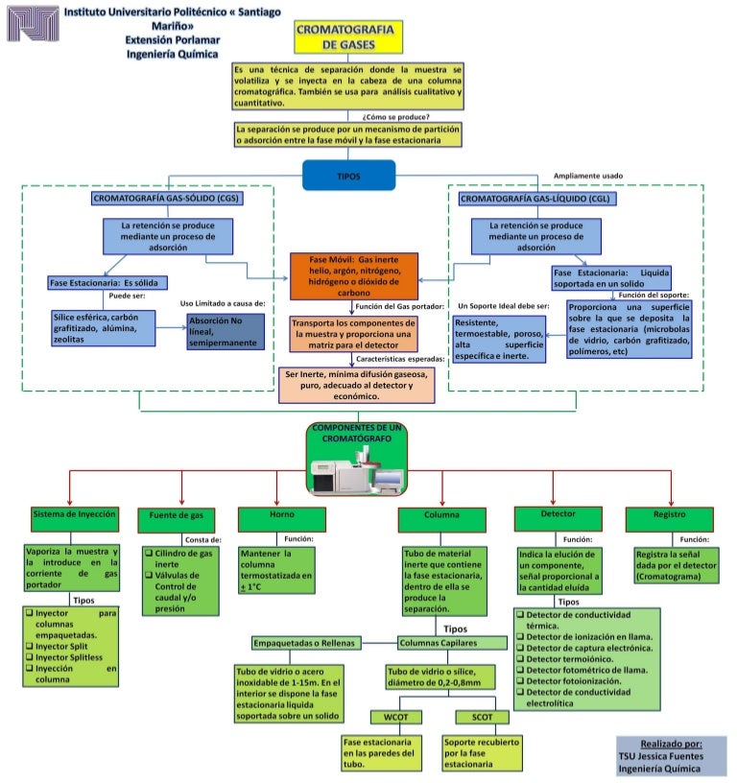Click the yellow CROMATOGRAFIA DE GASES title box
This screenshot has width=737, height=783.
[348, 36]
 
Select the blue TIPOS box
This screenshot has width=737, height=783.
[348, 177]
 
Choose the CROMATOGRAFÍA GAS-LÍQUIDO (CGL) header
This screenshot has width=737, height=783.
[535, 199]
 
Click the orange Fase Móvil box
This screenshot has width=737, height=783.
[355, 277]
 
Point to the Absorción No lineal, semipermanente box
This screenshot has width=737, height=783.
[225, 330]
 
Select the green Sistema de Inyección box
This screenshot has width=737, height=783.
[75, 514]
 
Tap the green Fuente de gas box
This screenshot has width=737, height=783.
[177, 516]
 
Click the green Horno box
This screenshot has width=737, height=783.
[276, 515]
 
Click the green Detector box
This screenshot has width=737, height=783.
[559, 515]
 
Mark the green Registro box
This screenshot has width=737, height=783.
[669, 515]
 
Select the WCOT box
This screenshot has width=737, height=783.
[395, 716]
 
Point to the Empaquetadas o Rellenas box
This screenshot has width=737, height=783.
[303, 642]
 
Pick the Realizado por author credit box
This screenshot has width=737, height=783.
[671, 755]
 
